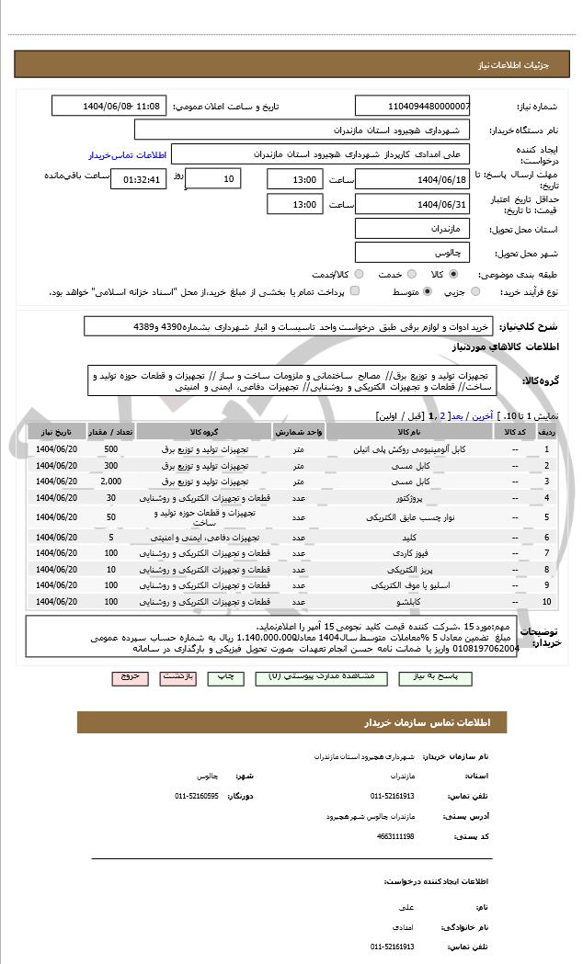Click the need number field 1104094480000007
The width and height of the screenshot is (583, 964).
[412, 106]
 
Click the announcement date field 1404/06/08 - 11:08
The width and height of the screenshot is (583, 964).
[109, 106]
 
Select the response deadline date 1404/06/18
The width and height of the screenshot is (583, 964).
[412, 178]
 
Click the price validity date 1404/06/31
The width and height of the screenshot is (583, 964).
[412, 204]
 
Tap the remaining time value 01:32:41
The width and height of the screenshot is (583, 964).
[139, 179]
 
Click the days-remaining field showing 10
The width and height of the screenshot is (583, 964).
[213, 178]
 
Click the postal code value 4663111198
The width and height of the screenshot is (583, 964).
[394, 836]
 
